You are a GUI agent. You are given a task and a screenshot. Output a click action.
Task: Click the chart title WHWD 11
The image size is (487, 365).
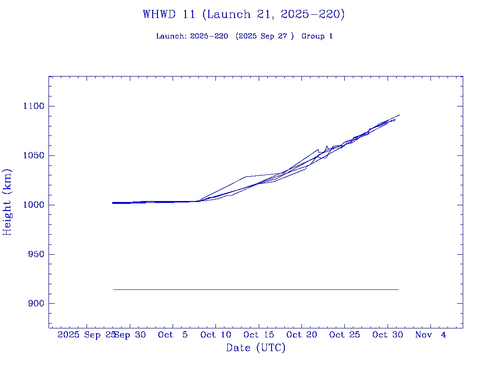tap(243, 15)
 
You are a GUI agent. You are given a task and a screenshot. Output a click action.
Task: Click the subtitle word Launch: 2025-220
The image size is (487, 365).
tap(192, 36)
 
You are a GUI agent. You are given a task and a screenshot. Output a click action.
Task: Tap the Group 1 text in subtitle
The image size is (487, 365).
tap(317, 36)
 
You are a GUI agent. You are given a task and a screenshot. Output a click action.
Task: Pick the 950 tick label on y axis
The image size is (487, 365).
tap(35, 254)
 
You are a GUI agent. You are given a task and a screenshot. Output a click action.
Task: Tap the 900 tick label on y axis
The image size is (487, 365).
tap(35, 304)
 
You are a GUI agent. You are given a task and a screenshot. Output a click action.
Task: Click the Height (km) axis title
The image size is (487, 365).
tap(7, 202)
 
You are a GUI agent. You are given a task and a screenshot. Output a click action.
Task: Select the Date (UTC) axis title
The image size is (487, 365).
tap(255, 348)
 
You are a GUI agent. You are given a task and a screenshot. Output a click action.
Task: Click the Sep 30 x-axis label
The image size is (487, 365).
tap(131, 335)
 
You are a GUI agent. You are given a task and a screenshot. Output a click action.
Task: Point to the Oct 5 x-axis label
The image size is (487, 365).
tap(173, 335)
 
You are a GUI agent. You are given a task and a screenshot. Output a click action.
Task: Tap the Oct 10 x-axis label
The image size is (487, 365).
tap(215, 335)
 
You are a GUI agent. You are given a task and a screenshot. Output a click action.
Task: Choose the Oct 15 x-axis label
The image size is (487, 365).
tap(258, 335)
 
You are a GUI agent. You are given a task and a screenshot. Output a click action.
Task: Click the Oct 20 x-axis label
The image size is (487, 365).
tap(302, 335)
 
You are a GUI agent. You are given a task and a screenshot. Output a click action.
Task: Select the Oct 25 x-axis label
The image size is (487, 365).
tap(344, 335)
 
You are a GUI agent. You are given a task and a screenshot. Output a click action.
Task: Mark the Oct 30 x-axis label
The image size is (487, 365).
tap(387, 335)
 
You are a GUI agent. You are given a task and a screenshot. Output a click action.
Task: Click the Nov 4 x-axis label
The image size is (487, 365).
tap(430, 335)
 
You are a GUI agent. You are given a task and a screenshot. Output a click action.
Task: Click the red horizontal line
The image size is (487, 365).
tap(256, 289)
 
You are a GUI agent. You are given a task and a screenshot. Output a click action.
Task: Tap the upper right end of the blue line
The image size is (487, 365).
tap(399, 115)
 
